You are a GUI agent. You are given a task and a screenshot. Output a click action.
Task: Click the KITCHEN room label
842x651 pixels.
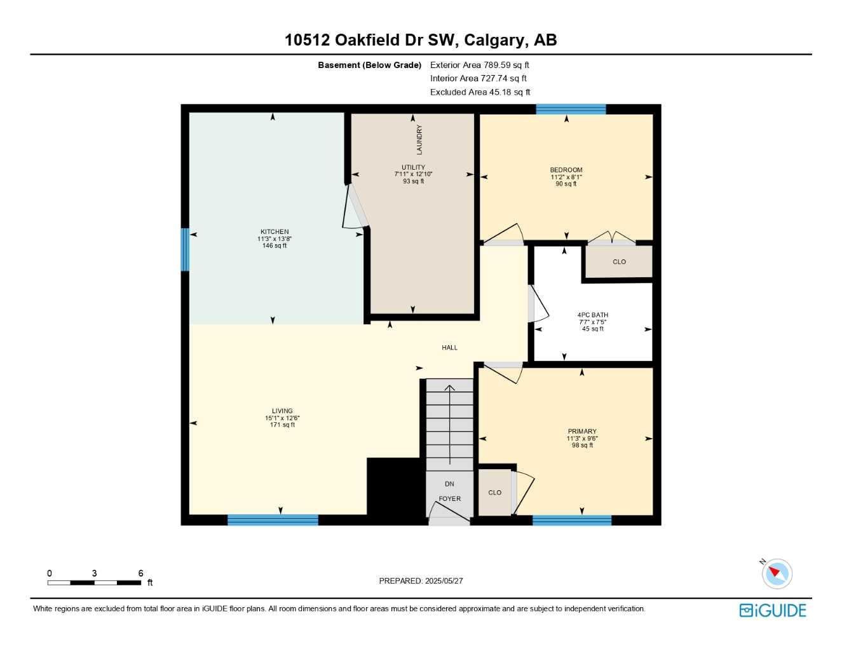[275, 232]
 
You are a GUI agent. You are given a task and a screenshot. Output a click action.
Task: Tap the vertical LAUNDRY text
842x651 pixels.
[419, 139]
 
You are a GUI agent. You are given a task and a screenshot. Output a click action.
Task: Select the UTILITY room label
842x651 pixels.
[413, 167]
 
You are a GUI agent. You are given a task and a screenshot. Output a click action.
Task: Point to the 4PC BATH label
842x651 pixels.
[592, 315]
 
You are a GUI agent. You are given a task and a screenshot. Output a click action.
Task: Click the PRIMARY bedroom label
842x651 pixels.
[582, 432]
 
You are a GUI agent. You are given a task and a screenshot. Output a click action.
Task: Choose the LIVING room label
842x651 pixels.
[282, 411]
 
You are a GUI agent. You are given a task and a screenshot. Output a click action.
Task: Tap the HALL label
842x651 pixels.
[450, 348]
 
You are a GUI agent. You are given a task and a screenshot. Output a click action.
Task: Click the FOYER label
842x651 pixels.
[450, 499]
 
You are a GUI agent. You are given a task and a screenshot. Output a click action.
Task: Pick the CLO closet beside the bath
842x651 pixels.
[619, 262]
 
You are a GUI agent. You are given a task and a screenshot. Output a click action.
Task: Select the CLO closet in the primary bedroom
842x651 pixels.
[495, 493]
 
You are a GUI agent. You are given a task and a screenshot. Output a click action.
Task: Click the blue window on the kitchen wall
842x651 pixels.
[185, 249]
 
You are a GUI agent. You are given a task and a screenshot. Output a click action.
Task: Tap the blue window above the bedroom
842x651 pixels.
[571, 109]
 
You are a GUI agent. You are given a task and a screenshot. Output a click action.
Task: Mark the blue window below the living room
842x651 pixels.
[273, 520]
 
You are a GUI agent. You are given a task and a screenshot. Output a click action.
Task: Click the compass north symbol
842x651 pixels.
[776, 573]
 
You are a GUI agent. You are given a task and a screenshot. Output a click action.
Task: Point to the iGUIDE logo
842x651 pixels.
[773, 610]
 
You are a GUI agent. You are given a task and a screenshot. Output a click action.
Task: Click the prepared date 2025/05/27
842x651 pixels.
[444, 581]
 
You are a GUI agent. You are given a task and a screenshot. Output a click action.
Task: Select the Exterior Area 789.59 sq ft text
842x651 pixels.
[479, 65]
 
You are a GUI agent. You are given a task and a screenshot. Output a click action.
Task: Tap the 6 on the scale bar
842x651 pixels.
[140, 573]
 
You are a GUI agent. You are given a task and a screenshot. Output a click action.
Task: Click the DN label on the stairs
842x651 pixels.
[449, 484]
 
